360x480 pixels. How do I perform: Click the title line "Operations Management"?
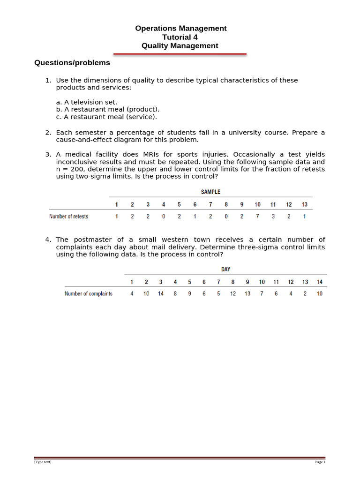(x=180, y=29)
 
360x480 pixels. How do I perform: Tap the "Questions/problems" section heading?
(x=72, y=63)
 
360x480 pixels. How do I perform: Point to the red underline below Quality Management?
(x=180, y=54)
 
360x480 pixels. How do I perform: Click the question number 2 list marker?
(x=48, y=133)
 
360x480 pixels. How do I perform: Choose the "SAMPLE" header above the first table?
(x=210, y=192)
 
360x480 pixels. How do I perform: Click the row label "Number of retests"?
(x=68, y=217)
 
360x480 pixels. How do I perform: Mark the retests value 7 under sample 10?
(x=257, y=217)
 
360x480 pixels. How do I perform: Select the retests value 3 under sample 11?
(x=273, y=217)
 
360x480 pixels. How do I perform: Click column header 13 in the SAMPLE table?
(x=304, y=204)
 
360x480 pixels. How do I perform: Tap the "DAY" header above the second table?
(x=225, y=270)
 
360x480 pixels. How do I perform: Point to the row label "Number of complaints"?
(x=89, y=294)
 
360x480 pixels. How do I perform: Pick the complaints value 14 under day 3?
(x=161, y=294)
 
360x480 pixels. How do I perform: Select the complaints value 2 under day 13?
(x=305, y=294)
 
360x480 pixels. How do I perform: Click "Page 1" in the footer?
(x=320, y=462)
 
